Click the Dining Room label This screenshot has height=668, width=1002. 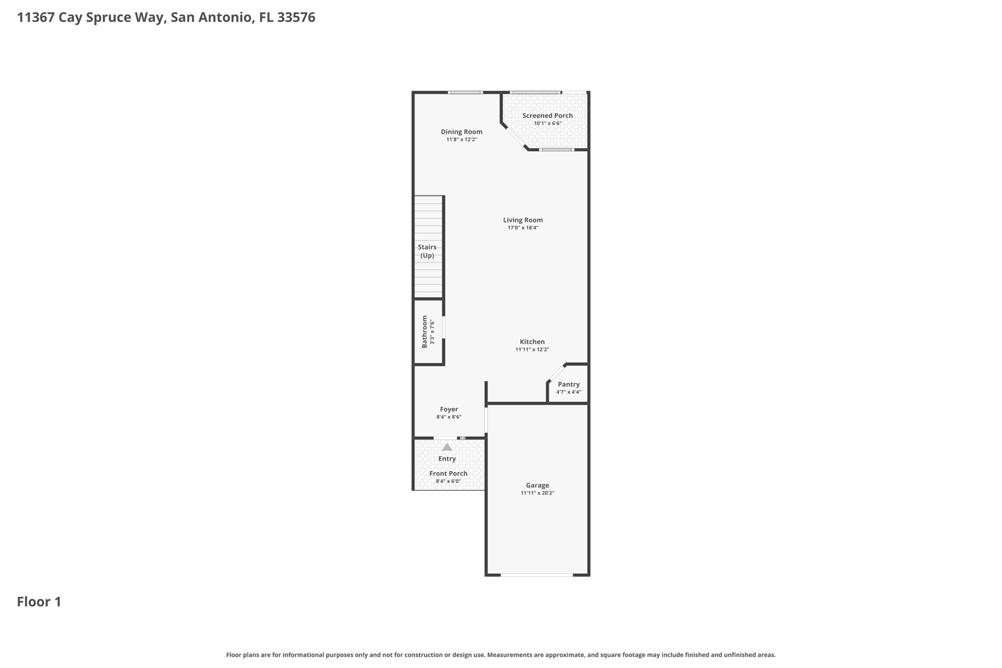point(461,132)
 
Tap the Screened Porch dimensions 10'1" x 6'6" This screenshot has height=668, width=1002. point(547,123)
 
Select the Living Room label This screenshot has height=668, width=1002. point(523,220)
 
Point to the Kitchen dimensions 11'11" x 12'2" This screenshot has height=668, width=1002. point(532,349)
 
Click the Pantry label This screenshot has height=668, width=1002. point(569,384)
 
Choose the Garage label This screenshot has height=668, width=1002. point(538,485)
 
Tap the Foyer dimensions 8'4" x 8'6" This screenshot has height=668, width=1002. point(449,417)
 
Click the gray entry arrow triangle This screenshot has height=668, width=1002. point(447,447)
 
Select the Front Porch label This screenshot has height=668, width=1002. point(448,473)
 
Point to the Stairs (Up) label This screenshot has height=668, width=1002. point(427,251)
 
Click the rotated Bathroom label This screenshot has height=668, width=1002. point(425,331)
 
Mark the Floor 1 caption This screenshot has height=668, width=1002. point(39,602)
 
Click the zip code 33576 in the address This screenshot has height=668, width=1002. point(296,18)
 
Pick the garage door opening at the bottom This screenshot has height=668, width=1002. point(537,575)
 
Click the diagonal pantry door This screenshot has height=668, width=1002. point(556,373)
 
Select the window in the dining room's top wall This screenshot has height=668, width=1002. point(465,92)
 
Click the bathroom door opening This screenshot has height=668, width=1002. point(444,327)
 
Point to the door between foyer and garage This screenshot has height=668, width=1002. point(486,420)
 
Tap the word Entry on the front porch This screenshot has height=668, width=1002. point(447,459)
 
